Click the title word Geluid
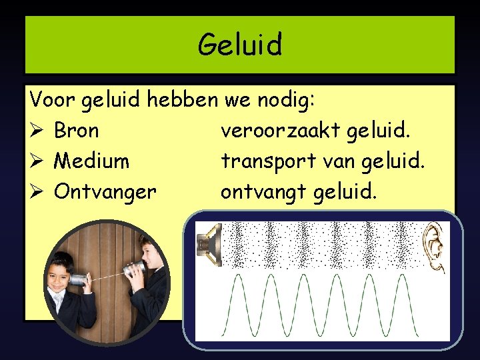pos(240,45)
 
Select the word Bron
pos(76,131)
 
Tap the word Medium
pos(92,161)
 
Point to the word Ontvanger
pos(105,192)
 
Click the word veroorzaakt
pos(281,131)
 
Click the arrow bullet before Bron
pos(36,131)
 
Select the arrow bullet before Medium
pos(36,161)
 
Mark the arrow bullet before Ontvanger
pos(36,192)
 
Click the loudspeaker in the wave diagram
pos(209,245)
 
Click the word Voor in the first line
pos(53,100)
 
